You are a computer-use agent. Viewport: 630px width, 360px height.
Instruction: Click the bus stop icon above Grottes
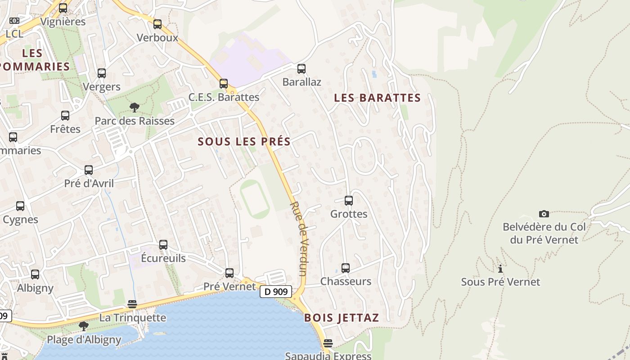[348, 201]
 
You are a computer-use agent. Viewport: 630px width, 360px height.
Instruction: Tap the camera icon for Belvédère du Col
[544, 214]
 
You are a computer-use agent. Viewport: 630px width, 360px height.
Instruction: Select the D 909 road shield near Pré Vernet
[276, 292]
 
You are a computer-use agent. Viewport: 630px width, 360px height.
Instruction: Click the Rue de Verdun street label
[298, 238]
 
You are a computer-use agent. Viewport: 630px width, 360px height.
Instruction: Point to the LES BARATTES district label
[378, 98]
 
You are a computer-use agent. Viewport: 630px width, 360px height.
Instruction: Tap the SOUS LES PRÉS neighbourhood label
[244, 141]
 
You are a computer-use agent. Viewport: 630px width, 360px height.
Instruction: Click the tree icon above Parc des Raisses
[134, 107]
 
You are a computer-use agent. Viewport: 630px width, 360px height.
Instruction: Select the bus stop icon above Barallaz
[301, 69]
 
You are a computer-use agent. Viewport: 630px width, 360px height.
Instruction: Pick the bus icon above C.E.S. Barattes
[224, 83]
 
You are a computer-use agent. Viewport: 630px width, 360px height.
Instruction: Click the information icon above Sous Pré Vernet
[500, 269]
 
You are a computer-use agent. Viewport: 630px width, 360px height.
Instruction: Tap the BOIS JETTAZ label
[342, 318]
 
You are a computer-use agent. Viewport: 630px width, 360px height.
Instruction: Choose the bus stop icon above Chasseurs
[345, 268]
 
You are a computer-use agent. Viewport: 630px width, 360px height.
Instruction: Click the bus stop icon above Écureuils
[163, 245]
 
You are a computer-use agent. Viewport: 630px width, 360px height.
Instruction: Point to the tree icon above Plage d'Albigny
[84, 326]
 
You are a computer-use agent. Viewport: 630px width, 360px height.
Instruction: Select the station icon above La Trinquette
[132, 304]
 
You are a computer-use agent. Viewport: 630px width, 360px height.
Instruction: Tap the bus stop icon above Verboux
[157, 24]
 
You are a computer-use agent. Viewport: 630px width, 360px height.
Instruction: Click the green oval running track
[255, 199]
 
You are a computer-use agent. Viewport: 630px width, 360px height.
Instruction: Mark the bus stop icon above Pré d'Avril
[89, 170]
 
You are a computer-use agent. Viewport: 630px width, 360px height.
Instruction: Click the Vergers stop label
[102, 87]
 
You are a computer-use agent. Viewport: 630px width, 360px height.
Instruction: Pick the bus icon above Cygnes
[20, 206]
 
